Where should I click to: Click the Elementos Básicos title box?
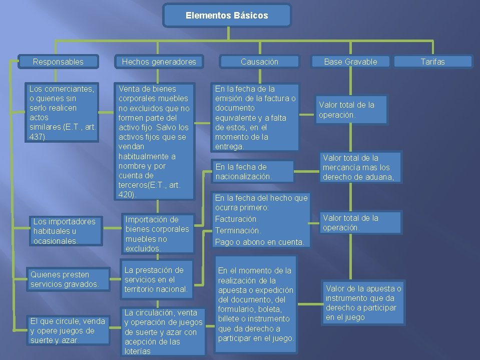click(227, 16)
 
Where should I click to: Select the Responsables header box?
click(58, 62)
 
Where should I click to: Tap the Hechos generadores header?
click(159, 62)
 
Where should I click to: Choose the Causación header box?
click(259, 62)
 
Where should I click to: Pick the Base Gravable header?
click(350, 62)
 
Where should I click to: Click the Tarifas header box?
click(432, 62)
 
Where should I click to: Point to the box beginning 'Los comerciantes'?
click(62, 113)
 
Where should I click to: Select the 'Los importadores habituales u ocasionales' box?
click(65, 231)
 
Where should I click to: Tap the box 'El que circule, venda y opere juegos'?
click(68, 330)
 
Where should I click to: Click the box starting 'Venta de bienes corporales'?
click(155, 141)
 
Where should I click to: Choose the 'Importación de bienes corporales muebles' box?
click(158, 233)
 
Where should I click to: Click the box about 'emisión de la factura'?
click(255, 117)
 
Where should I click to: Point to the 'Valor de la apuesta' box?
click(363, 302)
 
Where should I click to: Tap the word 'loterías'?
click(138, 351)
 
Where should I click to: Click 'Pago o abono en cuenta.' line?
click(259, 242)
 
